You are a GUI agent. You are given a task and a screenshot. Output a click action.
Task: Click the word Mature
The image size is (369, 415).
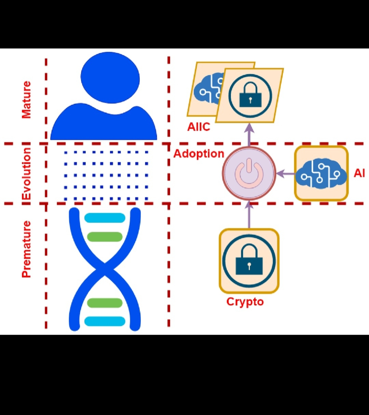[26, 100]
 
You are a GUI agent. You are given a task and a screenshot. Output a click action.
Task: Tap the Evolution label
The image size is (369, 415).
[26, 174]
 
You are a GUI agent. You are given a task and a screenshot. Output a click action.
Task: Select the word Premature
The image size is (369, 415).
[26, 249]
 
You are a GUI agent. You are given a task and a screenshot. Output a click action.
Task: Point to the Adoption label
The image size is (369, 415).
[199, 154]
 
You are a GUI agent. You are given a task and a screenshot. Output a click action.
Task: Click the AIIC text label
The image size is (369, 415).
[199, 127]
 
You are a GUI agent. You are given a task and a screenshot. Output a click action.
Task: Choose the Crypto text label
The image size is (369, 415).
[245, 302]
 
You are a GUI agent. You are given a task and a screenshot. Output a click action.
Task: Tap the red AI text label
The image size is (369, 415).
[359, 173]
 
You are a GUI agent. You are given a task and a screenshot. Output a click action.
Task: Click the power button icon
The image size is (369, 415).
[249, 174]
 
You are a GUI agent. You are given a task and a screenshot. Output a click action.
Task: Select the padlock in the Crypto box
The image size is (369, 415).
[249, 261]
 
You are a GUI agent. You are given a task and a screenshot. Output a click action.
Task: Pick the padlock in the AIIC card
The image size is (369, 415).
[250, 95]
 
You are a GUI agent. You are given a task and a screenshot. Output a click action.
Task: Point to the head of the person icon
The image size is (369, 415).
[110, 77]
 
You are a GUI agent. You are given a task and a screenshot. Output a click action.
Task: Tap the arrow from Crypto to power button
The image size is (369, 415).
[249, 215]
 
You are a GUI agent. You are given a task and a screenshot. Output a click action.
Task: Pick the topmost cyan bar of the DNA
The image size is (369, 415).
[105, 218]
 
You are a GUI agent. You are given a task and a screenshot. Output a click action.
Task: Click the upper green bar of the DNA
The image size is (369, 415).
[105, 237]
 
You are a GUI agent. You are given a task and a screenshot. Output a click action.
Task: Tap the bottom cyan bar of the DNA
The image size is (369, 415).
[105, 321]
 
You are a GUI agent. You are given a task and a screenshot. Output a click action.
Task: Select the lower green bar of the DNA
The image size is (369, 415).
[105, 303]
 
